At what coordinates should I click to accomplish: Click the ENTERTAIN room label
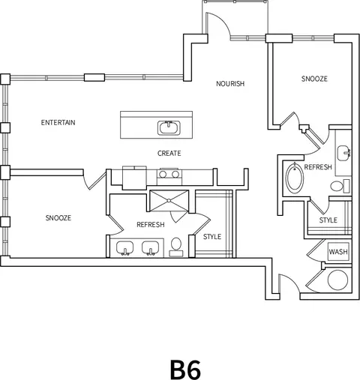pyautogui.click(x=58, y=122)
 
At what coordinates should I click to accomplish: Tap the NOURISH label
pyautogui.click(x=230, y=83)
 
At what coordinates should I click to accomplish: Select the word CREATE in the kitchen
pyautogui.click(x=169, y=153)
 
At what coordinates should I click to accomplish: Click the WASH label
pyautogui.click(x=338, y=252)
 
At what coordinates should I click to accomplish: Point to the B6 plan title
pyautogui.click(x=185, y=370)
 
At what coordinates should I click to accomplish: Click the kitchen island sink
pyautogui.click(x=169, y=127)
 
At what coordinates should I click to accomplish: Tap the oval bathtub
pyautogui.click(x=295, y=178)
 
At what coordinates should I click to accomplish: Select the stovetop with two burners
pyautogui.click(x=169, y=174)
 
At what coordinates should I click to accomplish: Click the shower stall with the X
pyautogui.click(x=169, y=201)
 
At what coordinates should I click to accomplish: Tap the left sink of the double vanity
pyautogui.click(x=124, y=248)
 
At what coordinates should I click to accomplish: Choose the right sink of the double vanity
pyautogui.click(x=150, y=248)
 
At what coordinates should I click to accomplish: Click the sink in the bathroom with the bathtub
pyautogui.click(x=344, y=153)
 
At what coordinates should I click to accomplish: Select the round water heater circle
pyautogui.click(x=337, y=280)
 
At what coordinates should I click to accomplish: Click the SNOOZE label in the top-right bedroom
pyautogui.click(x=314, y=79)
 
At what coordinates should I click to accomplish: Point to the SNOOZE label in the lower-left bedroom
pyautogui.click(x=58, y=218)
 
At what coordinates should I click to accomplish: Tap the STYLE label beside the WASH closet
pyautogui.click(x=328, y=220)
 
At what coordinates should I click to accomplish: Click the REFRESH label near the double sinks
pyautogui.click(x=151, y=225)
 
